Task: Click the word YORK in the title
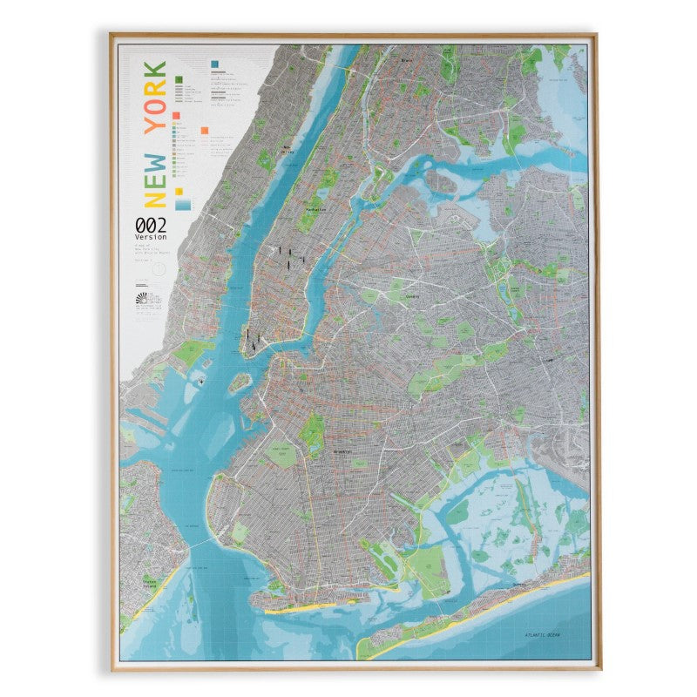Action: pos(155,98)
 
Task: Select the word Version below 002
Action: pos(150,237)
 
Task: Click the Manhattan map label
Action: pos(315,210)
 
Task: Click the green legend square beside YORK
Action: pos(179,79)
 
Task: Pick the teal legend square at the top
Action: pos(214,64)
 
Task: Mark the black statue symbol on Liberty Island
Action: pos(202,382)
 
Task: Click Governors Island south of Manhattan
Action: pos(239,381)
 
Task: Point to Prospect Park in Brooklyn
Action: pos(311,431)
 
